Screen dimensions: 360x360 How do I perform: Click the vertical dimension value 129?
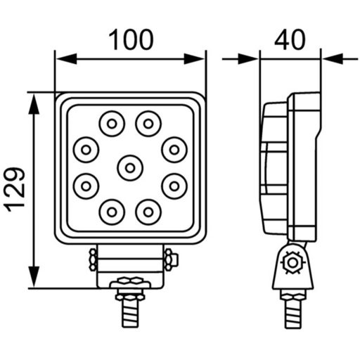[15, 189]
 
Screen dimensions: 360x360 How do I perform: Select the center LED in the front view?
[129, 167]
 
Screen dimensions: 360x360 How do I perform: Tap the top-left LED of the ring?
[110, 124]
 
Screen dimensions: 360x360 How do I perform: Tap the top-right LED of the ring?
[147, 124]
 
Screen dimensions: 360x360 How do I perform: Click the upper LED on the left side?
[86, 148]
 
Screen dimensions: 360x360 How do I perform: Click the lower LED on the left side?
[86, 186]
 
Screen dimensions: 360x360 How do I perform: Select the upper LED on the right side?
[172, 148]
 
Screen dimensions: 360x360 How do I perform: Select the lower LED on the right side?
[172, 186]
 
